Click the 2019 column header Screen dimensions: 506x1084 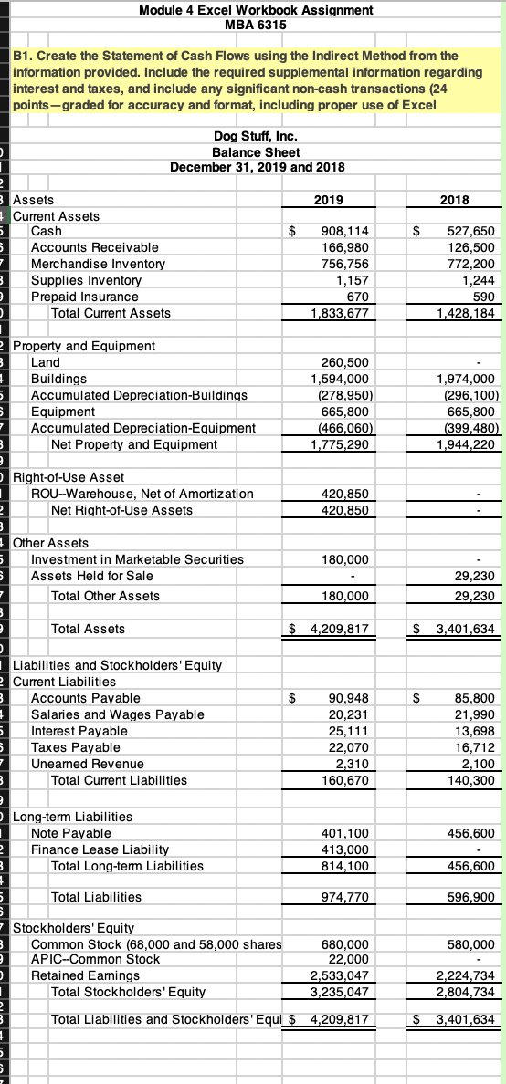(x=329, y=200)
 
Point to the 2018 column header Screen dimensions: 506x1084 (x=454, y=200)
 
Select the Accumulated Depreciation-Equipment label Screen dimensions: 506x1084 (x=143, y=428)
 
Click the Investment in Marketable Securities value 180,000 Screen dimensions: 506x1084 (x=347, y=559)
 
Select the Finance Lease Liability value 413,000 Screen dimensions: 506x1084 (x=347, y=849)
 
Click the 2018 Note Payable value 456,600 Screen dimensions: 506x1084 (x=471, y=833)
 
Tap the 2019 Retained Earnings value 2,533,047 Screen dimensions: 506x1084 (x=341, y=975)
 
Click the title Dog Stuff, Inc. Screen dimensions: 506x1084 (x=256, y=136)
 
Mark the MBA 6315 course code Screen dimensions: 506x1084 (x=256, y=25)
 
